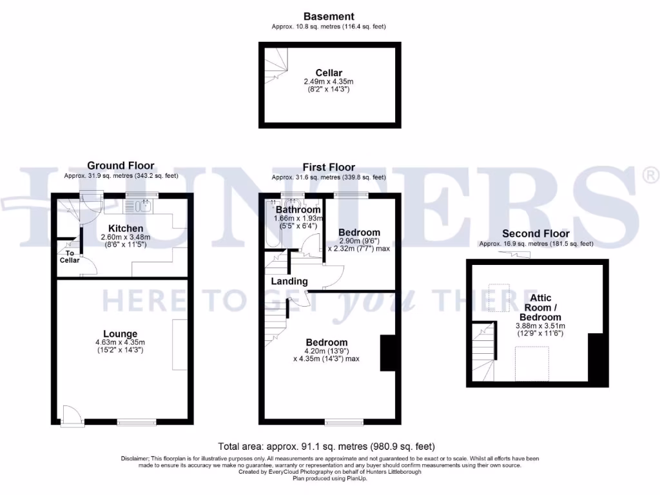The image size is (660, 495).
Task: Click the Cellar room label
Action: coord(329,73)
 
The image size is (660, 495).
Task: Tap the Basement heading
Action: coord(329,17)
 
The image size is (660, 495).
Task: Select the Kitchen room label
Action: coord(126,228)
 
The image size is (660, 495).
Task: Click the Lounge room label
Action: coord(121,333)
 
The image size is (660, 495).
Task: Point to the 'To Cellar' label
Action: coord(70,256)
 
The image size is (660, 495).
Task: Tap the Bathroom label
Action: coord(298,209)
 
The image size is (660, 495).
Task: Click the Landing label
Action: coord(289,282)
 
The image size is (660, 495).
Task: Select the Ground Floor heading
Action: coord(121,166)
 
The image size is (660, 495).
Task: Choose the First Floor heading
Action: coord(329,167)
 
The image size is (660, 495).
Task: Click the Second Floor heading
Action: coord(536,233)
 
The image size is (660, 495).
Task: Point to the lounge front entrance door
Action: coord(72,416)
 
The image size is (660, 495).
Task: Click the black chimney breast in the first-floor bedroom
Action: coord(388,353)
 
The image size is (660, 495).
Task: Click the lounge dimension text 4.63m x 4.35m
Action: coord(121,342)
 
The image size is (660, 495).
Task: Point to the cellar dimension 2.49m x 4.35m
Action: coord(329,82)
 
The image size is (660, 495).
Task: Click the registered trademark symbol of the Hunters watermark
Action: coord(651,174)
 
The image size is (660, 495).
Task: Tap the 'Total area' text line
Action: coord(327,446)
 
